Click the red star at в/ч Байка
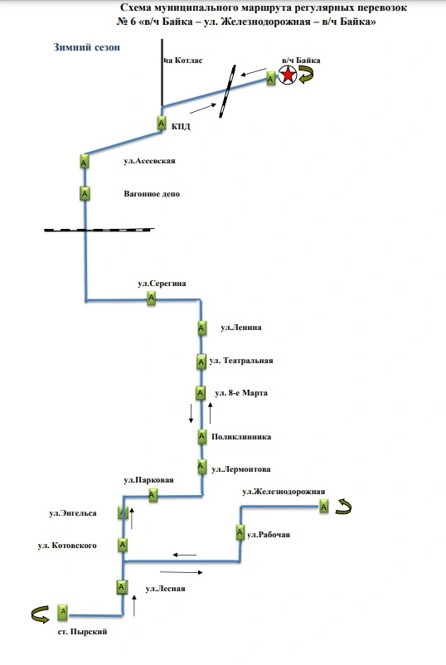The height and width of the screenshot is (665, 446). pos(288,75)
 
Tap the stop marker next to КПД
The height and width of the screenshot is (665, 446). pos(162,124)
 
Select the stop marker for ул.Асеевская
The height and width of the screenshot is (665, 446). pos(85,162)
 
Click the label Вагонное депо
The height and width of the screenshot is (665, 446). pos(152,194)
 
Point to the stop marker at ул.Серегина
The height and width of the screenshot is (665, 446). pos(152,299)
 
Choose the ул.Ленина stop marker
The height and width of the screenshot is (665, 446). pos(201,328)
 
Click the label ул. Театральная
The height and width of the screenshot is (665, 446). pos(241,361)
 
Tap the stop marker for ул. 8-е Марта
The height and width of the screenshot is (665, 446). pos(201,393)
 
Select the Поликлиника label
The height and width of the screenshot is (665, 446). pos(241,437)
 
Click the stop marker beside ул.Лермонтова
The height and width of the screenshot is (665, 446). pos(201,467)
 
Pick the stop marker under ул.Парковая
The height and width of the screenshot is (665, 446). pos(153,495)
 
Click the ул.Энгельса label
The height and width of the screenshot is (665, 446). pos(73,513)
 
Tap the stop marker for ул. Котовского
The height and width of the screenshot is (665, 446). pos(123,545)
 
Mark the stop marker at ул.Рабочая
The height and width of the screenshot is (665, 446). pos(240,532)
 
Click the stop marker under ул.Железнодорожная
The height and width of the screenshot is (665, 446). pos(324,507)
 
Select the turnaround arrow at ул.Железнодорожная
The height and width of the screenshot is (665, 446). pos(343,507)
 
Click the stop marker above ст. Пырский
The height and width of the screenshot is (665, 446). pos(63,612)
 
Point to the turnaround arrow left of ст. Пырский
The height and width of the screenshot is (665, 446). pos(41,614)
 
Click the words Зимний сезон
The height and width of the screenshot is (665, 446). pos(86,47)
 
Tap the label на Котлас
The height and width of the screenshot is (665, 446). pos(183,61)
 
